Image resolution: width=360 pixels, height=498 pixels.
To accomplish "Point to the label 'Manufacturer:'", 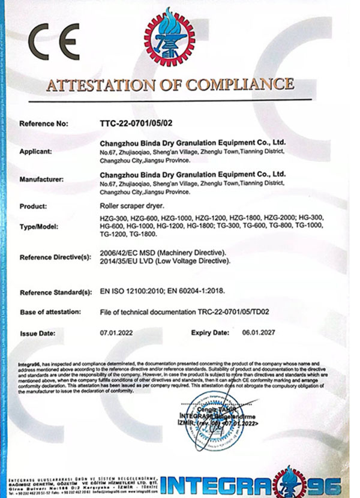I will pos(42,178).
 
